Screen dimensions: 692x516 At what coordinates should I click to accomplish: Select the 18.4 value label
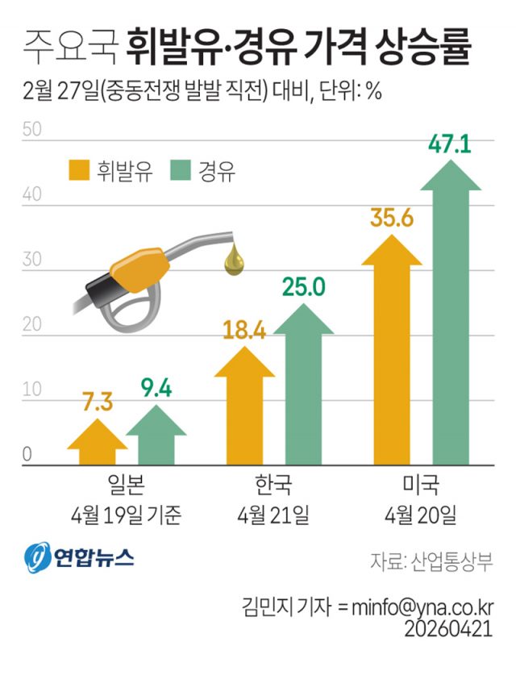tap(244, 331)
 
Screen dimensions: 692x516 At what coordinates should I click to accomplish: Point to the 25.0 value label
tap(302, 286)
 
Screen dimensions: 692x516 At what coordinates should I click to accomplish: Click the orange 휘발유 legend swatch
tap(78, 170)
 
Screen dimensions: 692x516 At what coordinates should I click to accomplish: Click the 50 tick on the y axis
tap(31, 129)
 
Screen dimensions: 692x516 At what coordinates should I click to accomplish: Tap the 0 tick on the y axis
tap(26, 455)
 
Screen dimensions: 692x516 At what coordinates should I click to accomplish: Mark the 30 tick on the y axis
tap(31, 261)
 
